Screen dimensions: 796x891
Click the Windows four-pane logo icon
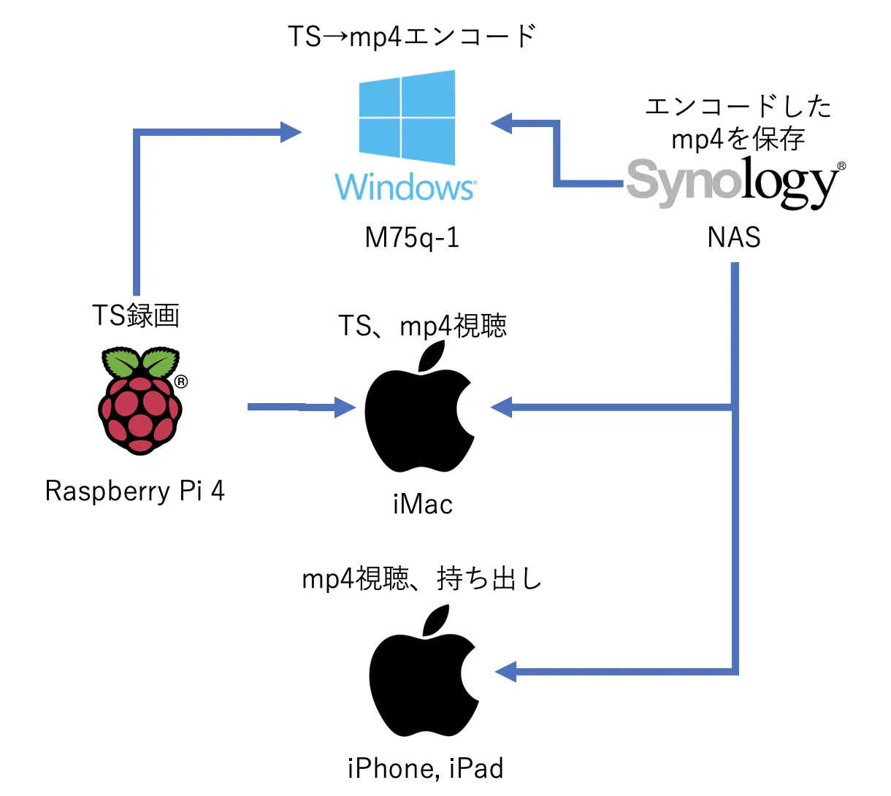(407, 117)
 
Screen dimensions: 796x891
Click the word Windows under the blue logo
(406, 187)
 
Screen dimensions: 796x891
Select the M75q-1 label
(412, 237)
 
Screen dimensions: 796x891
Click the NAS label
(734, 237)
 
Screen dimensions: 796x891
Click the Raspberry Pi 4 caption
(134, 491)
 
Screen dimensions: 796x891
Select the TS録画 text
(136, 315)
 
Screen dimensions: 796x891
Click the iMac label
(422, 504)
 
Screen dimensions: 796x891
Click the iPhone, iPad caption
(425, 768)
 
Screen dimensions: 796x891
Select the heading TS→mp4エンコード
(412, 37)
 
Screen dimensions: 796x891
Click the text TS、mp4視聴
(422, 326)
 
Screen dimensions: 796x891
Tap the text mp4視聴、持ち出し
(422, 579)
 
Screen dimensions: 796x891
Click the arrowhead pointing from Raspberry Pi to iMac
(345, 407)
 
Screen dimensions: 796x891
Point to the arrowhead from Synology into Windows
(502, 123)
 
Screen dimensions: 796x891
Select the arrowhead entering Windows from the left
(291, 132)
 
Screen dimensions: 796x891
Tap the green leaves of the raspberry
(140, 362)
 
